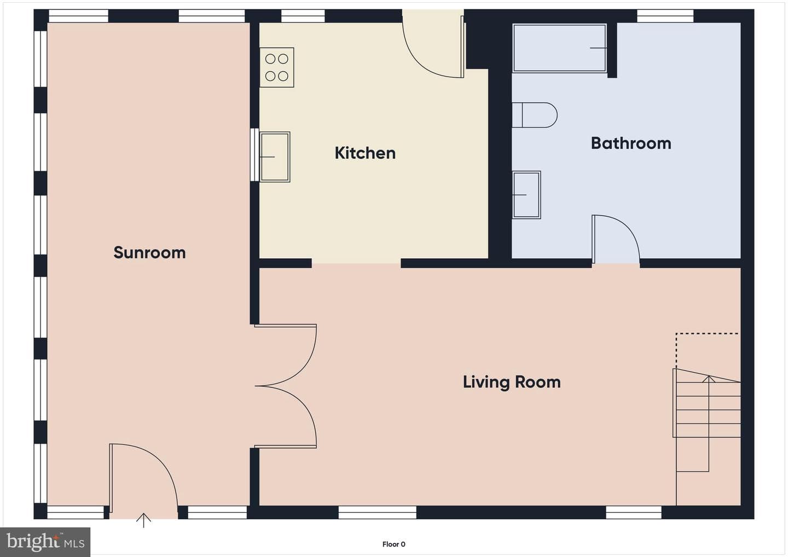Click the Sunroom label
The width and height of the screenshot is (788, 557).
point(149,252)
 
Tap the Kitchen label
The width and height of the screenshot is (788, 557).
point(365,153)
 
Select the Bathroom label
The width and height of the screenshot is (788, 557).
point(631,143)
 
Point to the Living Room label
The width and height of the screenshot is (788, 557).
point(512,382)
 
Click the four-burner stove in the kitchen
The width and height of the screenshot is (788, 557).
point(277,67)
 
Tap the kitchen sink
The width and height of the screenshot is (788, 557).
point(275,157)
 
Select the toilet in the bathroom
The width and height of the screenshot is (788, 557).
point(534,115)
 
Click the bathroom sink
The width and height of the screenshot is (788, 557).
point(526,195)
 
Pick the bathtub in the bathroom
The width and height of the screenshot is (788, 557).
point(559,48)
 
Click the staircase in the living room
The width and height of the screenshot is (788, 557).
point(708,420)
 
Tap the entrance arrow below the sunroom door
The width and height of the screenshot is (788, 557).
point(143,520)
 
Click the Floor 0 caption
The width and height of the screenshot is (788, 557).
point(393,544)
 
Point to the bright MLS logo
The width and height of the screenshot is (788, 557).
point(45,542)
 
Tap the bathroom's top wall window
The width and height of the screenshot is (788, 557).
point(665,16)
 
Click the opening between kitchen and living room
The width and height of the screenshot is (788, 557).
point(356,263)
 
